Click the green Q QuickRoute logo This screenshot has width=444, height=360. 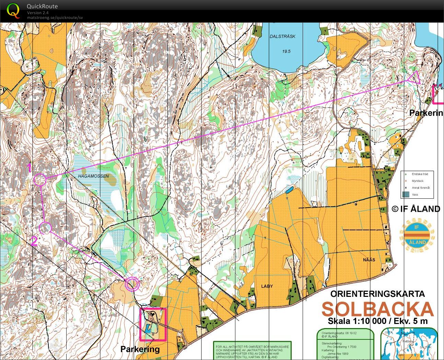(x=13, y=10)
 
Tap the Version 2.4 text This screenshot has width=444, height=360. (x=38, y=13)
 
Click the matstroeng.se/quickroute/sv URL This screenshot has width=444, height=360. (x=55, y=18)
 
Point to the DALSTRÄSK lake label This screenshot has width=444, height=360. (x=282, y=36)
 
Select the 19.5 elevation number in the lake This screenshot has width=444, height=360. (x=286, y=51)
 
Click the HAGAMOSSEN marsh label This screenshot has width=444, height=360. (x=93, y=176)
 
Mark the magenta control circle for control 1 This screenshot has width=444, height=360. (x=40, y=179)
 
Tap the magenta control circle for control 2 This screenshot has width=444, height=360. (x=45, y=228)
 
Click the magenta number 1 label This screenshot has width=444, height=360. (x=30, y=168)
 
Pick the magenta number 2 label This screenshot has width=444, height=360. (x=34, y=242)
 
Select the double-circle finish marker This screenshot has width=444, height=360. (x=132, y=284)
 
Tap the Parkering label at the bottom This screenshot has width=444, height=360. (x=140, y=349)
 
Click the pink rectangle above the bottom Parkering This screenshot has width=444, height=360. (x=153, y=324)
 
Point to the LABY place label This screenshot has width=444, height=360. (x=267, y=286)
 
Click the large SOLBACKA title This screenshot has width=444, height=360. (x=377, y=309)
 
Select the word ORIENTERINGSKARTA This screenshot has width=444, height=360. (x=377, y=294)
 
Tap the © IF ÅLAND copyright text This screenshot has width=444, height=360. (x=416, y=209)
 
